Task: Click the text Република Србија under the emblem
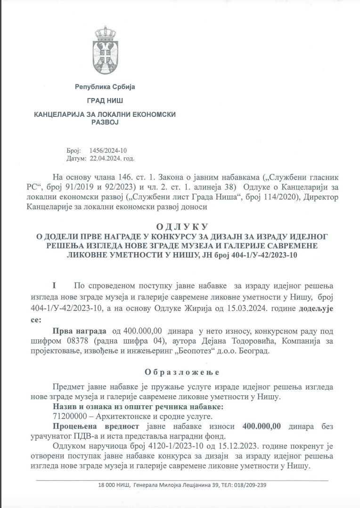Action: coord(105,87)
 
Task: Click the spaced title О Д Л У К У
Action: coord(181,227)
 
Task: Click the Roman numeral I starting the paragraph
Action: coord(54,286)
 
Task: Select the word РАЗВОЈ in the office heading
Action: coord(104,122)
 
